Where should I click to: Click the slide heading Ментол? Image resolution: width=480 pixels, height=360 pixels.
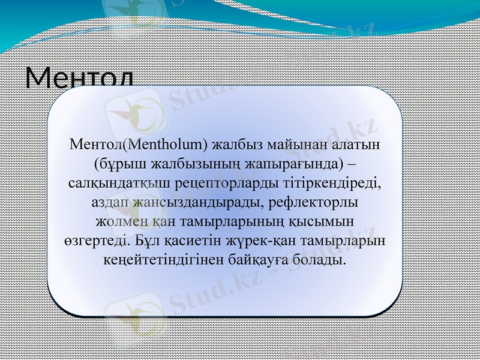(x=80, y=78)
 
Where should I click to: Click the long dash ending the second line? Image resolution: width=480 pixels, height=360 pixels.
(x=353, y=163)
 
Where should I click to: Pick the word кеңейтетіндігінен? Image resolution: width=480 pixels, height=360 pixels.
(x=156, y=260)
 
